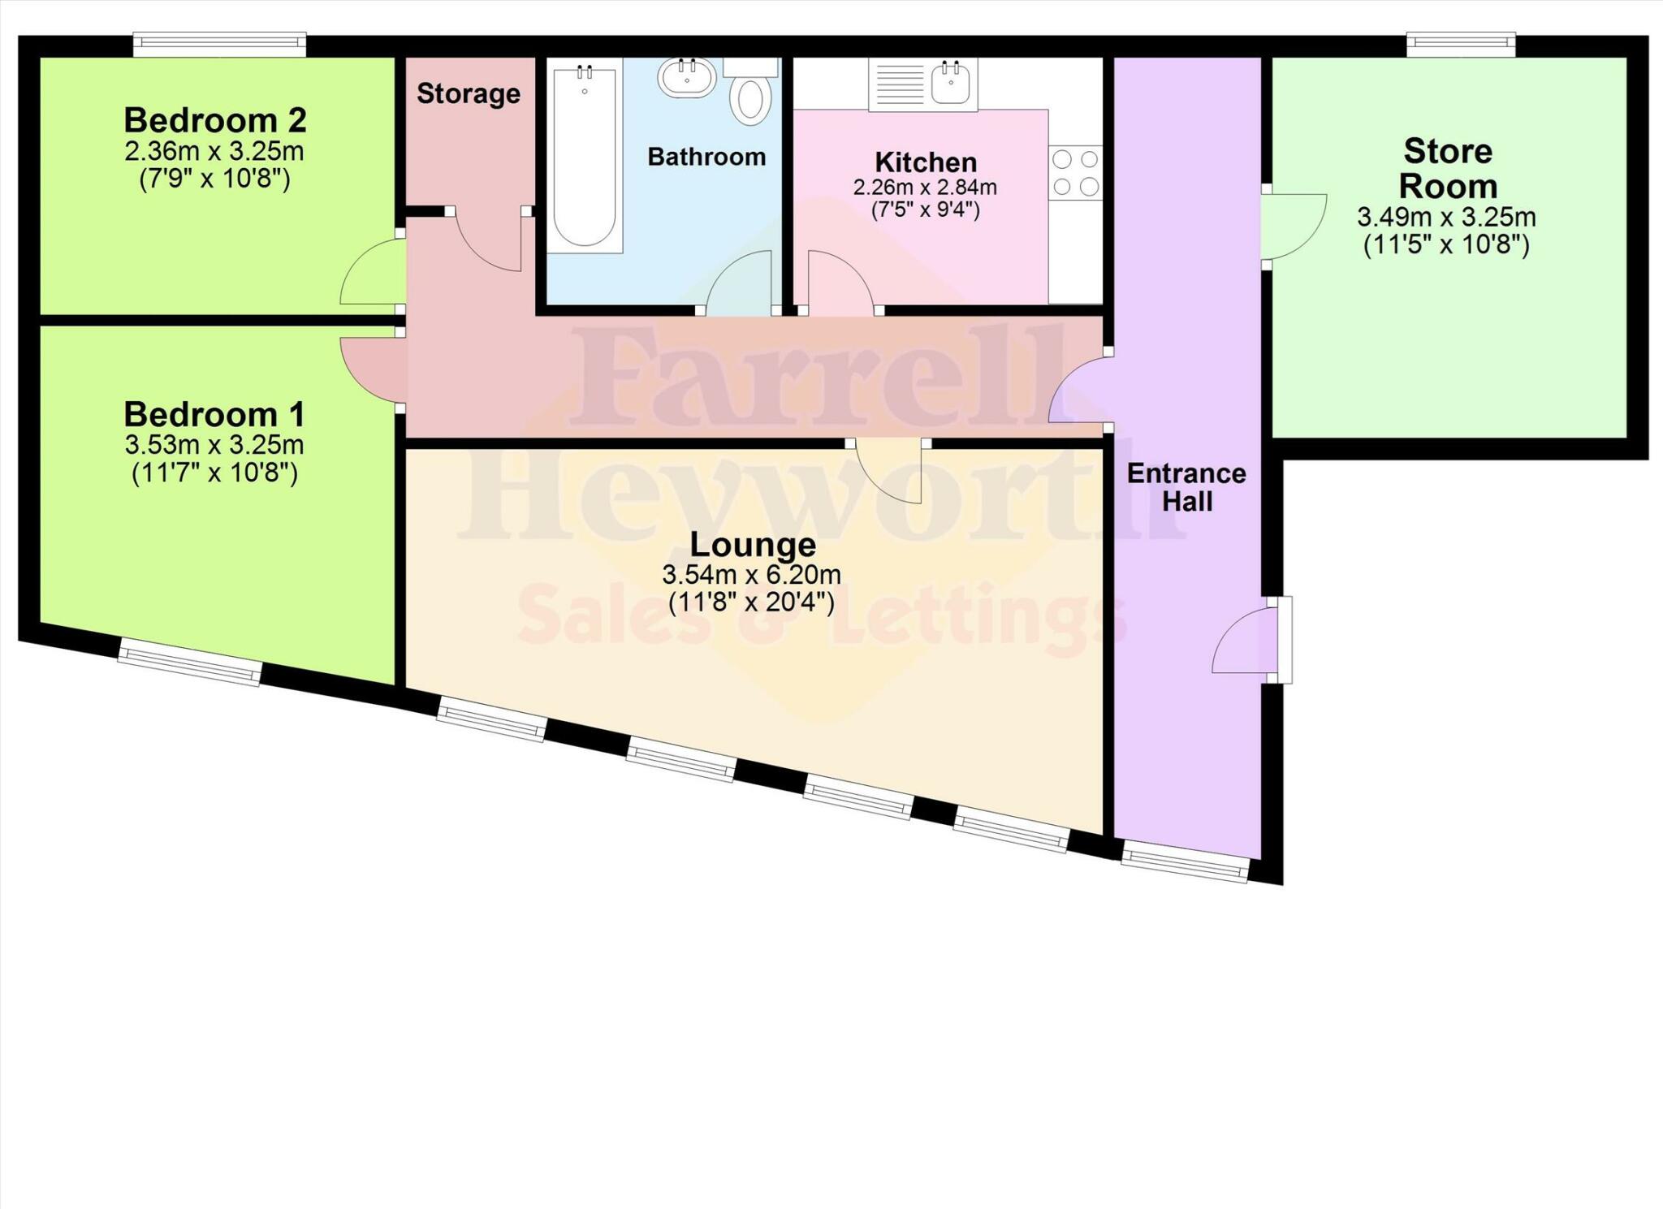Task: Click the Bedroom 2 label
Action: click(215, 120)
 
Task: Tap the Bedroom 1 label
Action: click(214, 414)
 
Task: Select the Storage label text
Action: click(469, 94)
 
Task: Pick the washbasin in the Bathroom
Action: click(687, 78)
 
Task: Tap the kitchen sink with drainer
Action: click(923, 84)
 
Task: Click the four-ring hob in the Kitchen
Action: click(1075, 172)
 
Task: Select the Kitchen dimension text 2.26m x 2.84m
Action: click(925, 188)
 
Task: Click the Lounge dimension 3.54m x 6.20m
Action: click(751, 575)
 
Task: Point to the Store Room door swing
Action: click(1294, 226)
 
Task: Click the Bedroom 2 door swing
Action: click(373, 273)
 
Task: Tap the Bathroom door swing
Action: click(740, 283)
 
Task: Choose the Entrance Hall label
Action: click(1186, 487)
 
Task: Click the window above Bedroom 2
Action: click(220, 44)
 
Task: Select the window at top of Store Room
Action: click(1461, 44)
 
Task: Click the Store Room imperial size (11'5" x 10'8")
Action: click(1446, 244)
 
